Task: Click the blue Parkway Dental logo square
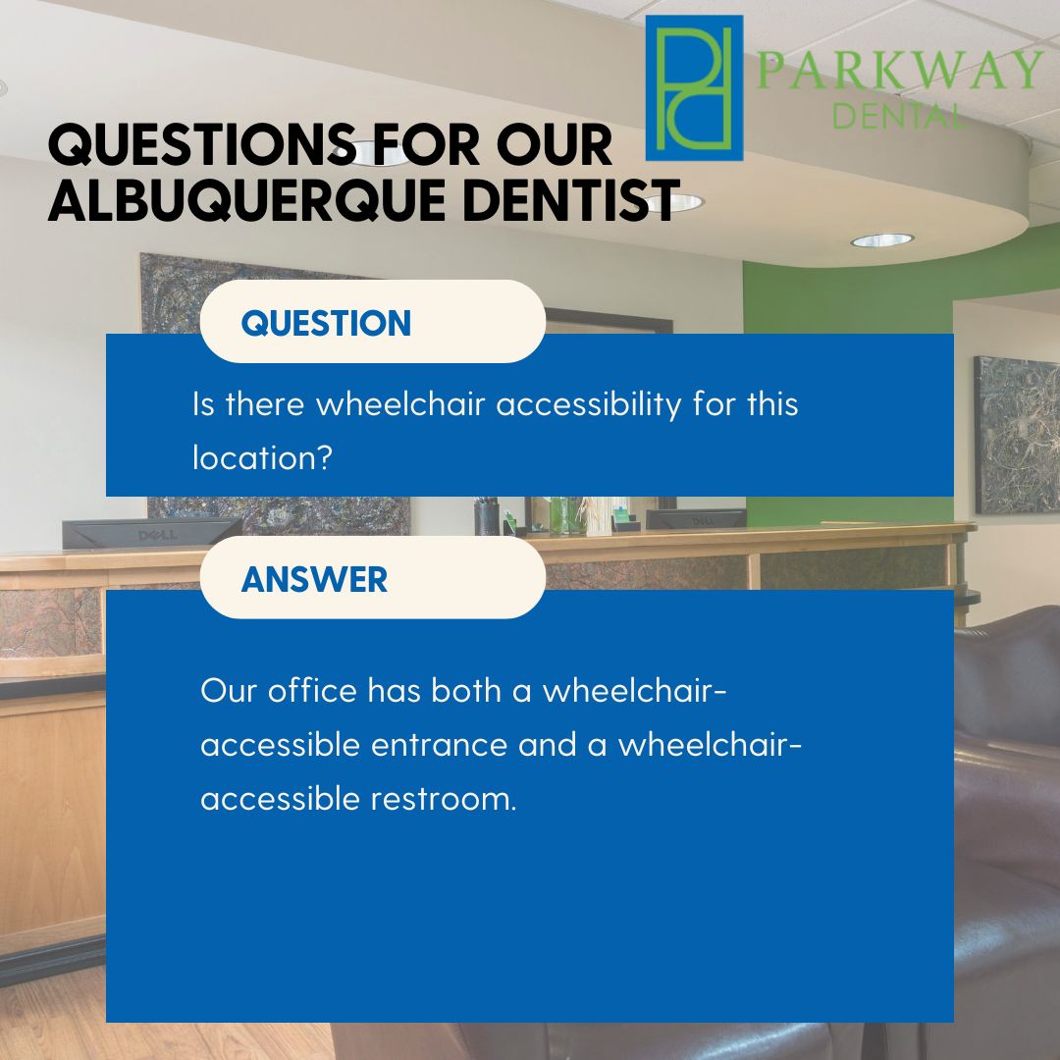coord(694,88)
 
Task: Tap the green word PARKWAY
coord(900,69)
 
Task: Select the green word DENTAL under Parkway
coord(898,116)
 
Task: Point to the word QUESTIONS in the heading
coord(202,144)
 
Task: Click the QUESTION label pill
coord(373,322)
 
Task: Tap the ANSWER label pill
coord(373,578)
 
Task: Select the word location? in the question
coord(262,457)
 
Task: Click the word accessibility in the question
coord(589,404)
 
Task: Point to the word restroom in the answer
coord(444,798)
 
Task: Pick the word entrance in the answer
coord(440,745)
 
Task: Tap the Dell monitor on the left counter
coord(152,533)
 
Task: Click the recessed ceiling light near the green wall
coord(881,239)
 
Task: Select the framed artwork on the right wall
coord(1017,436)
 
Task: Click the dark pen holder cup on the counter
coord(487,517)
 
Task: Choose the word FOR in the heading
coord(425,144)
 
